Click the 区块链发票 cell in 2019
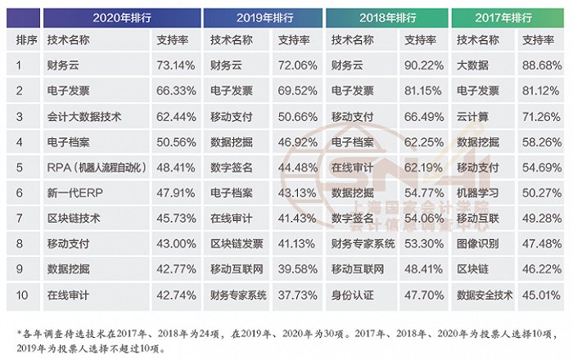point(237,243)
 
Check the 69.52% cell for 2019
point(296,90)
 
